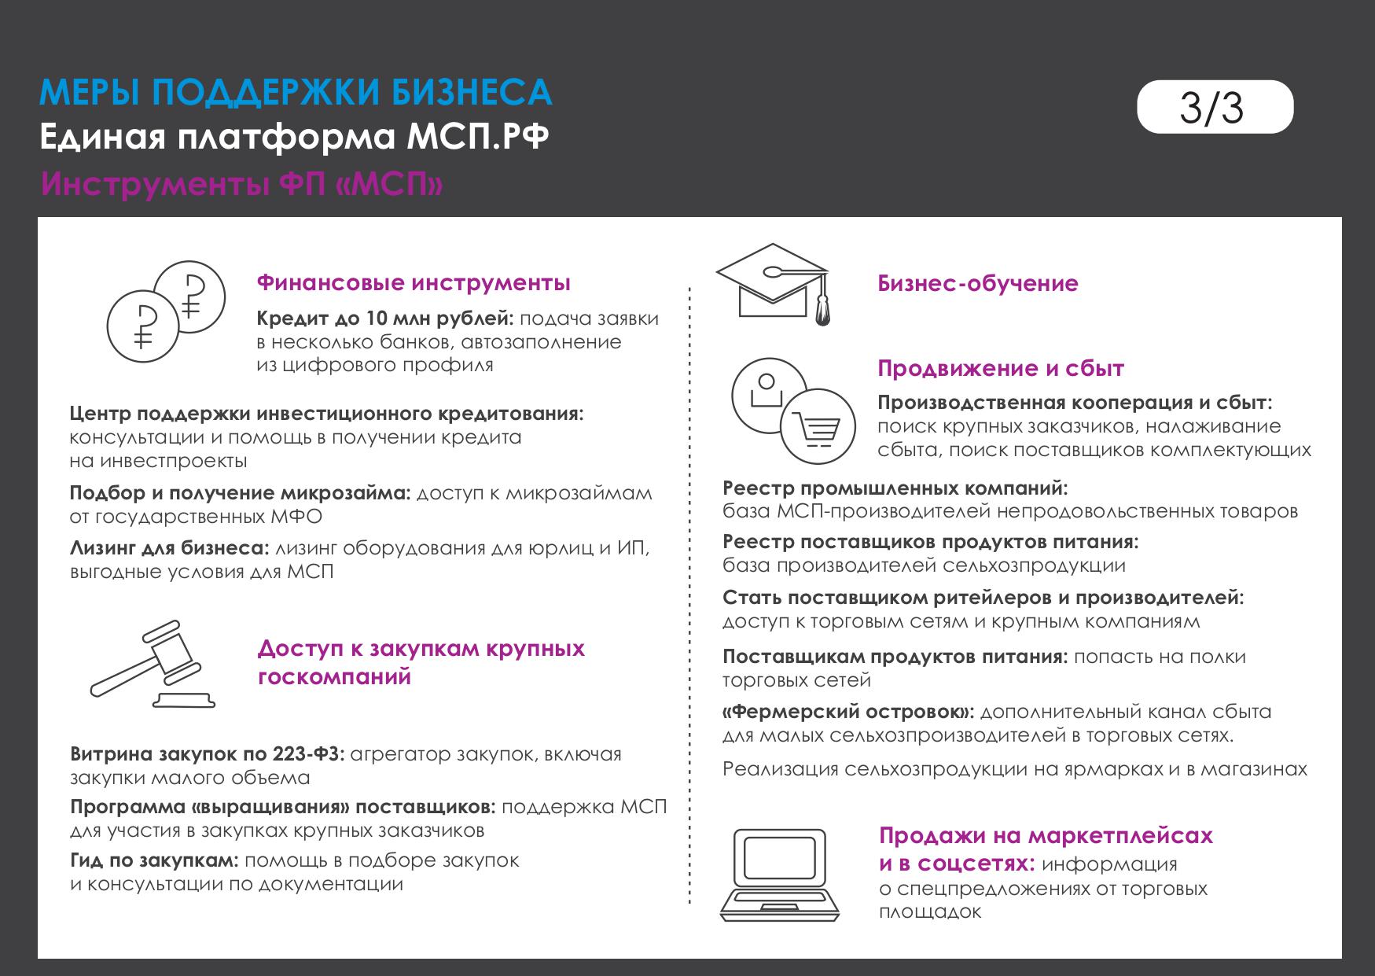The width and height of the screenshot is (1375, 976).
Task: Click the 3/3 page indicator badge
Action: [x=1214, y=107]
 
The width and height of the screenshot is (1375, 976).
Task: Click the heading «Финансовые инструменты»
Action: [x=414, y=282]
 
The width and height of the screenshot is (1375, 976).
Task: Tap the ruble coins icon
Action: [x=166, y=312]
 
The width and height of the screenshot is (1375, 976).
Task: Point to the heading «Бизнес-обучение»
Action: [x=977, y=283]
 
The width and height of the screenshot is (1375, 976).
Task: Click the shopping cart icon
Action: [x=818, y=427]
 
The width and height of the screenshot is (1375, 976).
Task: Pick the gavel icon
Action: [x=153, y=664]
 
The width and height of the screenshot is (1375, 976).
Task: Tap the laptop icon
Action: [x=780, y=875]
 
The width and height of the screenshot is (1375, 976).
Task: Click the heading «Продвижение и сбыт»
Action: [x=1000, y=368]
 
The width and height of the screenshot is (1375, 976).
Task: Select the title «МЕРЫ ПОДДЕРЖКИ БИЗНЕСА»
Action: [x=296, y=93]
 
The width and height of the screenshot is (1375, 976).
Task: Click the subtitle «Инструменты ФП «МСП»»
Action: [x=242, y=184]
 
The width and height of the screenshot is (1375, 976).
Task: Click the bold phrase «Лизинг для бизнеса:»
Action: [x=170, y=548]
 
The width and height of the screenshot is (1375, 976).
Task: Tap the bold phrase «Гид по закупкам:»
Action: [x=154, y=860]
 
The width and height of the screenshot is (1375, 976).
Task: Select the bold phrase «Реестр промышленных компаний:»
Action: [x=895, y=488]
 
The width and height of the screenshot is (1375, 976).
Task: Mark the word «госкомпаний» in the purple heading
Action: [x=334, y=676]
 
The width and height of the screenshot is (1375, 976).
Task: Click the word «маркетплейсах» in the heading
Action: [x=1120, y=835]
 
